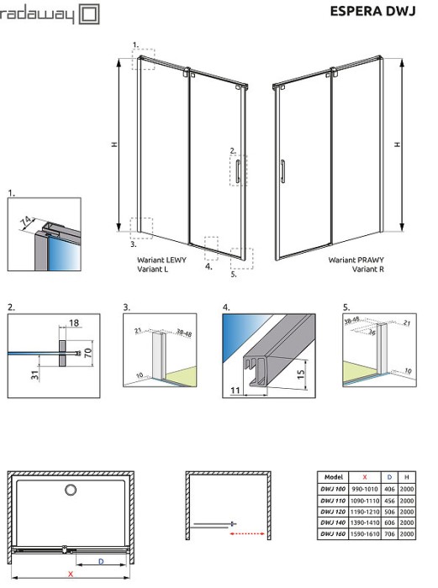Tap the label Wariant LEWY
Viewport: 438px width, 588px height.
pos(163,260)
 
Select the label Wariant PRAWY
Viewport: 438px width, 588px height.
pos(356,260)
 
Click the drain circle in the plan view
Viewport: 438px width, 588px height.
pos(71,490)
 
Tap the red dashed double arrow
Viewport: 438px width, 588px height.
pos(249,532)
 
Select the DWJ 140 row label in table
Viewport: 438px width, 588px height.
pos(333,522)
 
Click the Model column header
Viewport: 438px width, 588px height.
pos(333,475)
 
